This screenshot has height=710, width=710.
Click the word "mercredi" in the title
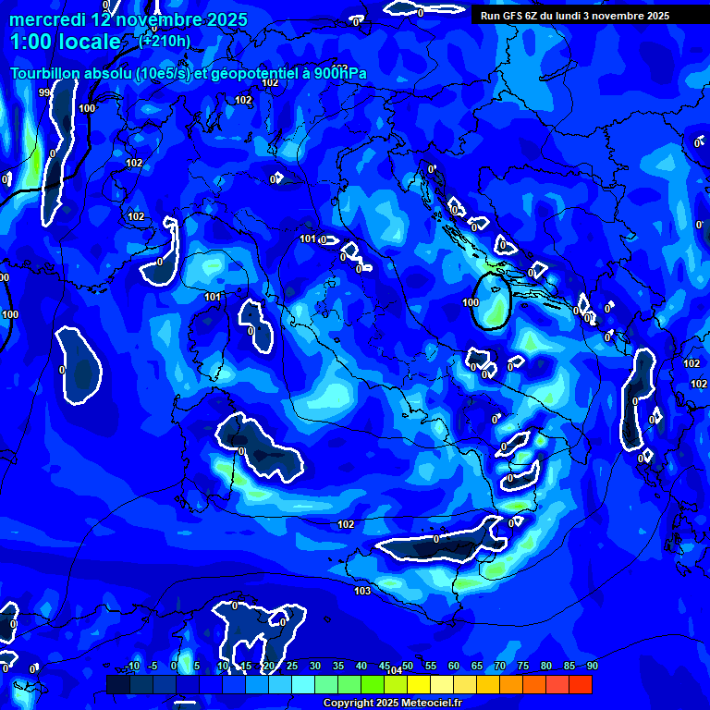(x=47, y=19)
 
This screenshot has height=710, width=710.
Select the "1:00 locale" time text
(x=65, y=42)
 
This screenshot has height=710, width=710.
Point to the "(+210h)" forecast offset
(x=165, y=41)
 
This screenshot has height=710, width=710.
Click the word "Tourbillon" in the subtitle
(x=48, y=74)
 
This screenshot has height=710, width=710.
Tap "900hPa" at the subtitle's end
(x=340, y=74)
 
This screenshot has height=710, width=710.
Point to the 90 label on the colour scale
(x=592, y=666)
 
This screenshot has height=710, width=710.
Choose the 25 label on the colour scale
(x=292, y=666)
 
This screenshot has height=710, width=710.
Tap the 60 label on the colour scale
(x=454, y=666)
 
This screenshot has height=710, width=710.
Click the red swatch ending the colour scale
(x=581, y=684)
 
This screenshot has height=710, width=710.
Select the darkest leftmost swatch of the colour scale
(x=117, y=684)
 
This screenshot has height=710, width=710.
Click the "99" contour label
(x=44, y=92)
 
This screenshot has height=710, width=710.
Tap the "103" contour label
(x=362, y=590)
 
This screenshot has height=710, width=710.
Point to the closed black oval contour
(x=491, y=301)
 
